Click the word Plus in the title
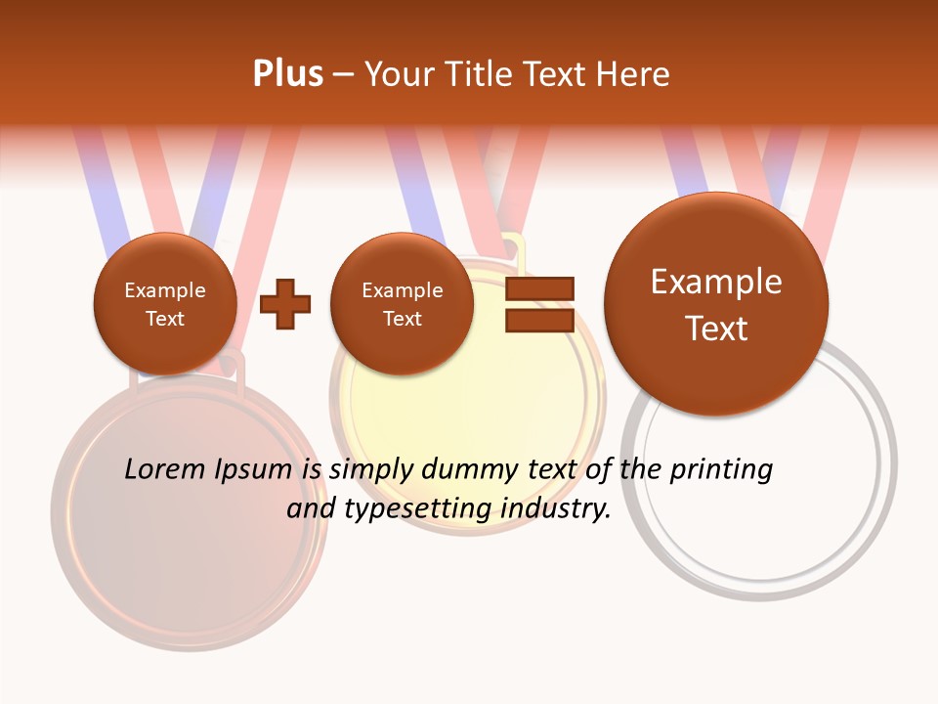[287, 74]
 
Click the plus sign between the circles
[285, 304]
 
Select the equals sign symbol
[538, 304]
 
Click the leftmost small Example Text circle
[165, 304]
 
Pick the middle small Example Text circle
[403, 304]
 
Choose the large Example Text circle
[716, 304]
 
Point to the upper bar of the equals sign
[538, 288]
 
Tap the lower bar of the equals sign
[538, 320]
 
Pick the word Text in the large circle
[716, 329]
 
